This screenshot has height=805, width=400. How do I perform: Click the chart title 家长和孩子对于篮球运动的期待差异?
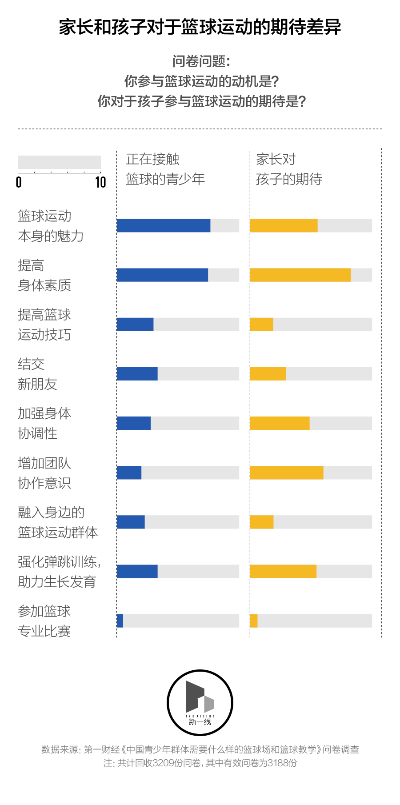[x=200, y=27]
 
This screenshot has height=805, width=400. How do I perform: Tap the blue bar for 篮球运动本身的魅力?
[x=164, y=225]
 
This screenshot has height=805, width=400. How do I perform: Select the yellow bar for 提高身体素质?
[x=300, y=275]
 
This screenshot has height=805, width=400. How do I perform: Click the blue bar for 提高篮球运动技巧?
[x=135, y=324]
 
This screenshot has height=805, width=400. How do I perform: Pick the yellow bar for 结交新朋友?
[x=268, y=374]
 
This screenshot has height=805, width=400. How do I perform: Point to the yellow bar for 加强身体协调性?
[x=280, y=423]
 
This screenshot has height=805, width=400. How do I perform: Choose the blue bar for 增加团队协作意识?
[x=129, y=473]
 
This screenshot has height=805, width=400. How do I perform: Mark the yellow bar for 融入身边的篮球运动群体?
[x=261, y=522]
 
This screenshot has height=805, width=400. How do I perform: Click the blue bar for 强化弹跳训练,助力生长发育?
[x=137, y=571]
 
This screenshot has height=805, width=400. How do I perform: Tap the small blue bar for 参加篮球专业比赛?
[x=120, y=621]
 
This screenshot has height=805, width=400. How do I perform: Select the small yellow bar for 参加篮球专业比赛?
[x=254, y=621]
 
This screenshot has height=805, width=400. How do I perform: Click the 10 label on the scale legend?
[x=100, y=182]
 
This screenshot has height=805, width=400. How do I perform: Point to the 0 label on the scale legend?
[x=19, y=182]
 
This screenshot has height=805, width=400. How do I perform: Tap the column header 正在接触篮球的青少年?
[x=165, y=169]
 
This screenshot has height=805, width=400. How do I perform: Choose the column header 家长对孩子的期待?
[x=289, y=169]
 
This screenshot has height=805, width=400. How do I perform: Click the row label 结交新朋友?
[x=37, y=374]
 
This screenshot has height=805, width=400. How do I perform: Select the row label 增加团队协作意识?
[x=44, y=473]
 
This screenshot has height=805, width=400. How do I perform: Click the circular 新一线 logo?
[x=200, y=703]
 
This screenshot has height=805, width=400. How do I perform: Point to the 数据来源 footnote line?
[x=200, y=749]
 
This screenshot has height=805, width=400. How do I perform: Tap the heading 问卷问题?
[x=201, y=61]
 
